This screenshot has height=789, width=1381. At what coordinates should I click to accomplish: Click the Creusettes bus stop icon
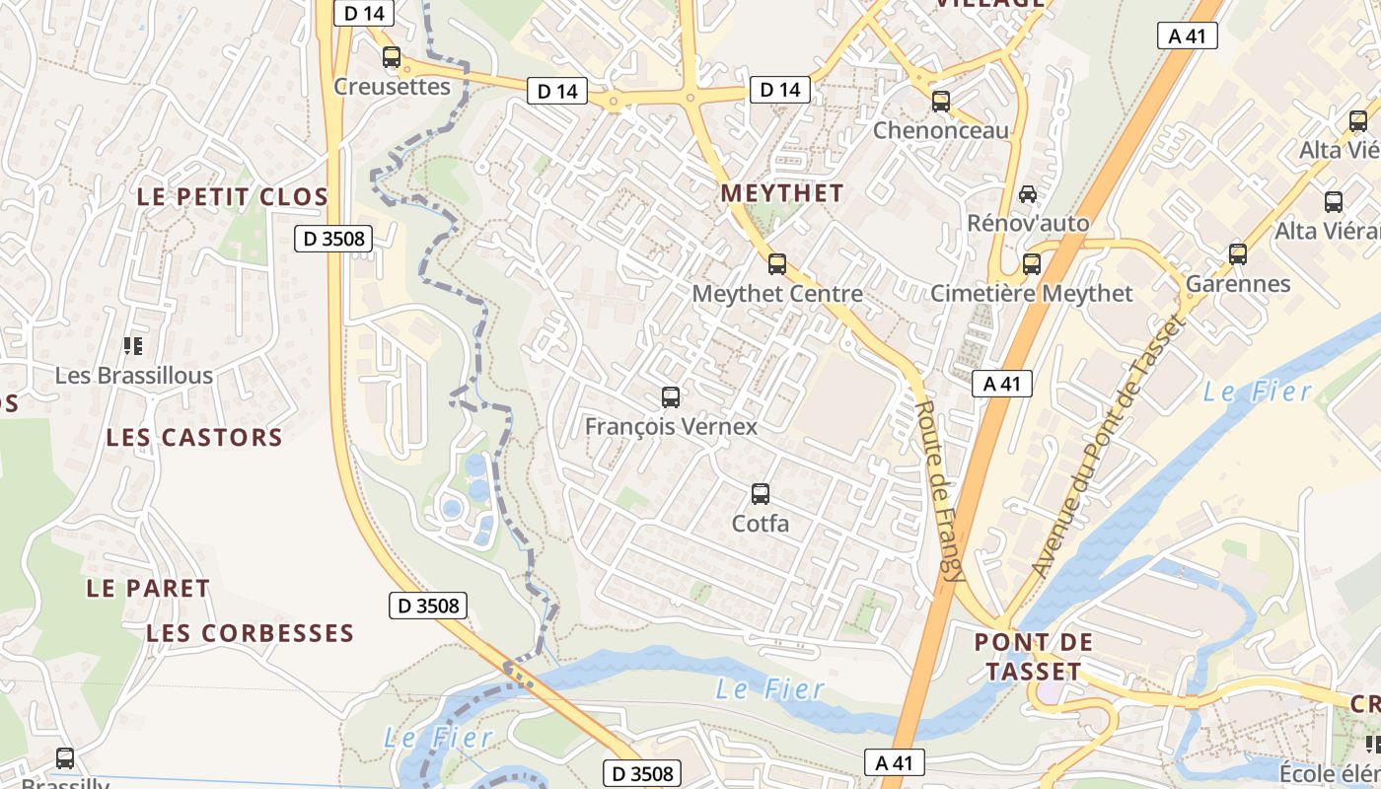click(x=392, y=57)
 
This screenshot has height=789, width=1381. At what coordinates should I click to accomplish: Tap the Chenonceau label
click(x=941, y=130)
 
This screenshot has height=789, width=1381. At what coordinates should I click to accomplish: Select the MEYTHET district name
click(x=782, y=193)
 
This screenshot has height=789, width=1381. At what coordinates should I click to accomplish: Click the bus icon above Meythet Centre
click(x=777, y=263)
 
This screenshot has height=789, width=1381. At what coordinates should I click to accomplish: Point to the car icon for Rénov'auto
click(x=1028, y=193)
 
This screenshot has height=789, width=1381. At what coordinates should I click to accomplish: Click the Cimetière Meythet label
click(x=1032, y=293)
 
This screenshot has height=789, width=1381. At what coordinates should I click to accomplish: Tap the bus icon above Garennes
click(x=1238, y=253)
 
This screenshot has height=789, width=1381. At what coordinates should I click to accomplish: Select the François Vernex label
click(x=671, y=426)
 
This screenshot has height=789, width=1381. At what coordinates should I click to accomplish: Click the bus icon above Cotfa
click(x=760, y=493)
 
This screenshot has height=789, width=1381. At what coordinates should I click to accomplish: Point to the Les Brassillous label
click(x=133, y=376)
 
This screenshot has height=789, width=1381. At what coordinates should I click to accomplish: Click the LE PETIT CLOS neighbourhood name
click(x=232, y=196)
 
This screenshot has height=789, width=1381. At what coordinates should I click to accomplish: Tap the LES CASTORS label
click(x=194, y=437)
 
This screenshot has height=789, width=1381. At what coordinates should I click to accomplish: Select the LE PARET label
click(x=148, y=588)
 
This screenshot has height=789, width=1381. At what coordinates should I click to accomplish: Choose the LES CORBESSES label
click(x=250, y=633)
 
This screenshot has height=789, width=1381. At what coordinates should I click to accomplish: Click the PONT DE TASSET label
click(x=1034, y=657)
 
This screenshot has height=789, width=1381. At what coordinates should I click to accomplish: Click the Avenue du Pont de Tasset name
click(x=1105, y=446)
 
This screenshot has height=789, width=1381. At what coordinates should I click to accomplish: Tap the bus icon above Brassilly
click(x=65, y=757)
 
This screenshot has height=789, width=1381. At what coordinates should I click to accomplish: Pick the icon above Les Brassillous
click(x=133, y=345)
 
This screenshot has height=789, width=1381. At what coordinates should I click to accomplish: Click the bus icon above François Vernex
click(x=671, y=397)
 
